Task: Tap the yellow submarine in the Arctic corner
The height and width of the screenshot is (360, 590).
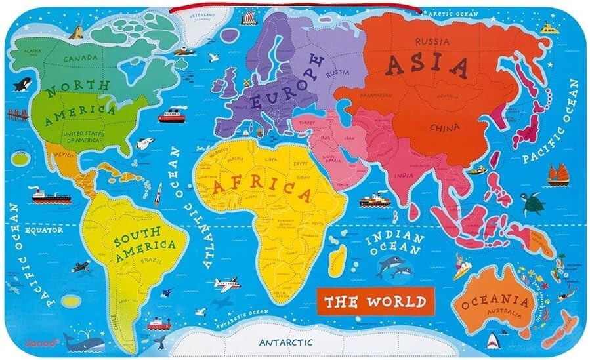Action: tap(549, 28)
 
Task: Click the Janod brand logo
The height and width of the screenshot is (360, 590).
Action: tap(53, 343)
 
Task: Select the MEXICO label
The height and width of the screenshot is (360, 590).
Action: tap(63, 155)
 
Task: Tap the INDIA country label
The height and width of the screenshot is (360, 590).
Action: tap(405, 176)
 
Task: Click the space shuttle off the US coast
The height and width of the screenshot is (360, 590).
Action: tap(144, 144)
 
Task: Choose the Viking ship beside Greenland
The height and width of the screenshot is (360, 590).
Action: tap(248, 20)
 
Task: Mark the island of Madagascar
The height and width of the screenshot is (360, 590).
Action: tap(337, 260)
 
